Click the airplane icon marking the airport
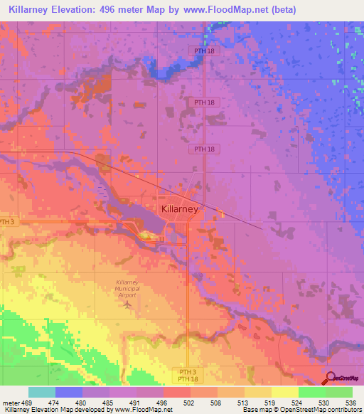point(127,305)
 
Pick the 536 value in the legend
point(349,402)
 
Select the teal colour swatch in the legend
point(41,392)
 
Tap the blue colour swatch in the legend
point(68,392)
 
